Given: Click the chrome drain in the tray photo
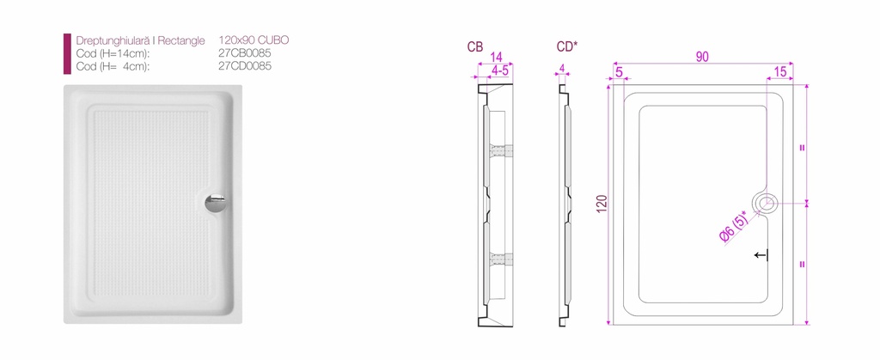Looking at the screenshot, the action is tap(215, 203).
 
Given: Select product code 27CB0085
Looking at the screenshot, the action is tap(245, 54).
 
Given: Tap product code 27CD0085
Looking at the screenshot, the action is tap(245, 66).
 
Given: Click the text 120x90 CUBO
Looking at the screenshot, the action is tap(254, 40).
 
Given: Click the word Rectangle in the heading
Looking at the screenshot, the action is tap(180, 41).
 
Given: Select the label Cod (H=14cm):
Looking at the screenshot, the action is tap(113, 54).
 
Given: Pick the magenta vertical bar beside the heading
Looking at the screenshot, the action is tap(67, 54).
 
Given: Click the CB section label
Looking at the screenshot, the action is tap(475, 47).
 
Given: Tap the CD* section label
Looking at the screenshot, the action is tap(567, 47).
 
